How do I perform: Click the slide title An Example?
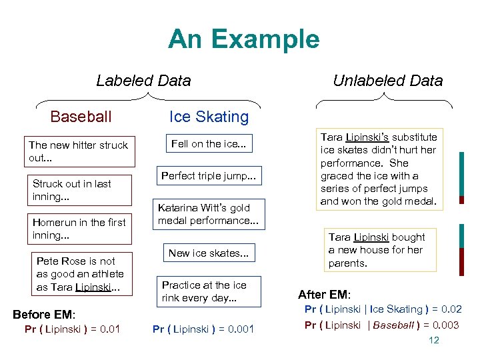pyautogui.click(x=243, y=39)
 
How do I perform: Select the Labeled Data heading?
pyautogui.click(x=143, y=81)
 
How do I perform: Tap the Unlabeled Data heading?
pyautogui.click(x=387, y=81)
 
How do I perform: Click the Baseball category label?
pyautogui.click(x=81, y=117)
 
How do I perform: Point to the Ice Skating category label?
pyautogui.click(x=209, y=117)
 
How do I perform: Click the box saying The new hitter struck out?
pyautogui.click(x=79, y=151)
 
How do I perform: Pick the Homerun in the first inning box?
pyautogui.click(x=79, y=229)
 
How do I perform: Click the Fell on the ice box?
pyautogui.click(x=208, y=143)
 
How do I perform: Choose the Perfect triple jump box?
pyautogui.click(x=208, y=176)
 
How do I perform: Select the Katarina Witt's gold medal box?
pyautogui.click(x=208, y=214)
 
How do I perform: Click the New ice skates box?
pyautogui.click(x=208, y=253)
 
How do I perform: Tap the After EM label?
pyautogui.click(x=325, y=295)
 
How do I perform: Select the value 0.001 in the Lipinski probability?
pyautogui.click(x=239, y=329)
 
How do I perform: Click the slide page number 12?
pyautogui.click(x=433, y=340)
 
